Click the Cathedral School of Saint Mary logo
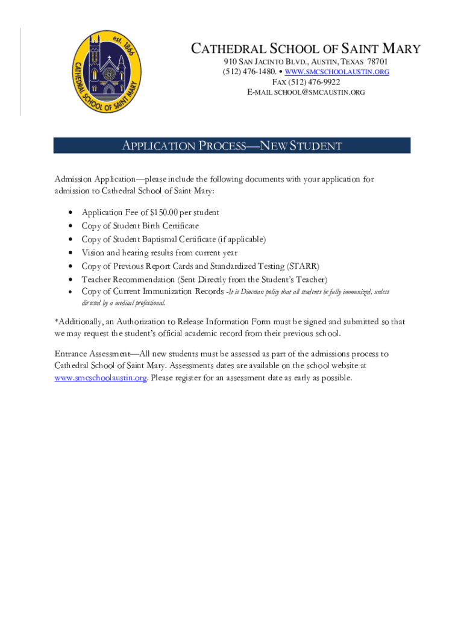coord(105,72)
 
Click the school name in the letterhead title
coord(306,49)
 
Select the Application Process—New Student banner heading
coord(232,146)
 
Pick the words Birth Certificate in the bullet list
coord(171,226)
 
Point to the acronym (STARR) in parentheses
coord(304,266)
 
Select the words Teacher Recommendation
coord(128,280)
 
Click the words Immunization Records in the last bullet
coord(184,292)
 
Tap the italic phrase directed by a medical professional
coord(124,303)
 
